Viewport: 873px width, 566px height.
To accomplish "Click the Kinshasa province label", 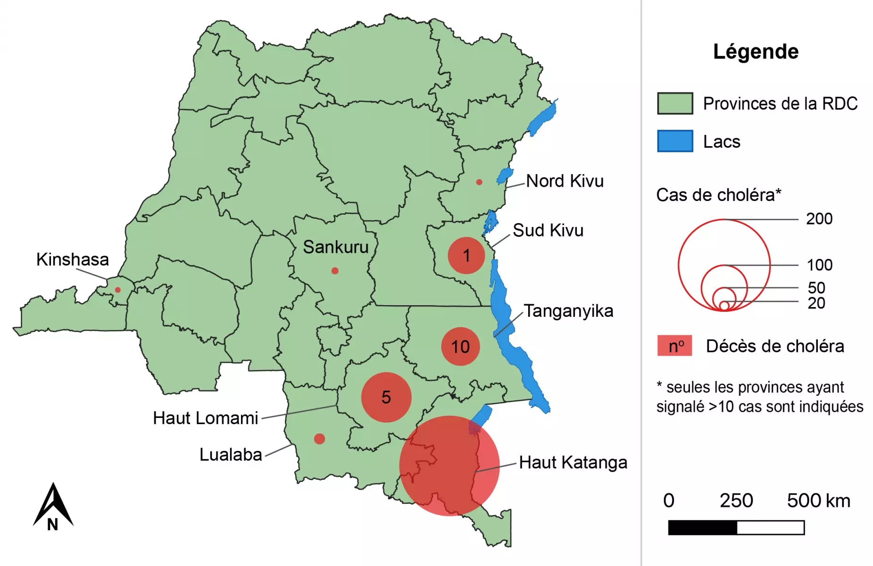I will point(73,259).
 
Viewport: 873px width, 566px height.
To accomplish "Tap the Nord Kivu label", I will point(565,181).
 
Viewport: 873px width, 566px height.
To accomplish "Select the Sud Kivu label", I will point(548,231).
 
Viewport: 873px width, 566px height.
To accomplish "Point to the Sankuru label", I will point(335,247).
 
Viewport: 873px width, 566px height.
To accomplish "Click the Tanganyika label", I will point(568,311).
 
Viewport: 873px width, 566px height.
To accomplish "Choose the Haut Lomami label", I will point(206,418).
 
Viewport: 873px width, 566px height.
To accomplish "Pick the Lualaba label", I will point(231,455).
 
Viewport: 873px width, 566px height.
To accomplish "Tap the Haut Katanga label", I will point(573,463).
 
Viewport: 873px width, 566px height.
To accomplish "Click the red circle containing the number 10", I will point(460,347).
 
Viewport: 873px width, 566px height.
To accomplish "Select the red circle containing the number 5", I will point(386,397).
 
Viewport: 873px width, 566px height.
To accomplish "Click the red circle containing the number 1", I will point(466,256).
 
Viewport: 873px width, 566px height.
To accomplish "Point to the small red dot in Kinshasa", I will point(118,290).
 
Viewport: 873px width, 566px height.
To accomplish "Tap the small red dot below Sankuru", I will point(335,271).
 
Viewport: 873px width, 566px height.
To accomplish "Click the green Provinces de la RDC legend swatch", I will point(675,103).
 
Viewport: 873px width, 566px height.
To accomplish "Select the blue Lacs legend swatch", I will point(675,141).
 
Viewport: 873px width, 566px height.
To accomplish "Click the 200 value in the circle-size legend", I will point(819,219).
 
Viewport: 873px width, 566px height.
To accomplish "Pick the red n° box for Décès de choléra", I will point(675,346).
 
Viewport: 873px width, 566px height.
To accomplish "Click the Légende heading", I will point(756,51).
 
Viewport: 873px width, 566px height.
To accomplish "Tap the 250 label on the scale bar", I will point(736,501).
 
